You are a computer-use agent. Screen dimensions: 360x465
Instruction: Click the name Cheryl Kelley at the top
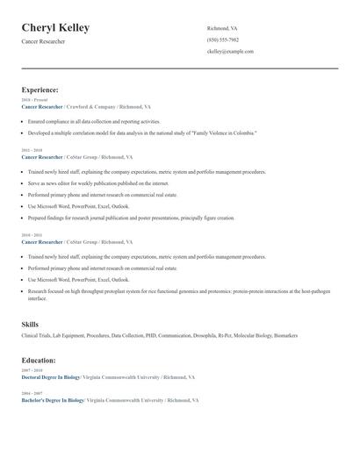(x=55, y=28)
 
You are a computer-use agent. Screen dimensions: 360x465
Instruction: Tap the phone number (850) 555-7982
(x=223, y=39)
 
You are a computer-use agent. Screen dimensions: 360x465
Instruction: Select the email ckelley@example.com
(x=230, y=51)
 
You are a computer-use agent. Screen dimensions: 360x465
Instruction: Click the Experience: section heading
(x=40, y=89)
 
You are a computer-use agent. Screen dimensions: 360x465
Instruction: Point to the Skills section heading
(x=30, y=325)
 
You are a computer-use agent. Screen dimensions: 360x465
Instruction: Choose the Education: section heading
(x=38, y=360)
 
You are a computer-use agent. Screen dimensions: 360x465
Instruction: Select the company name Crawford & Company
(x=90, y=106)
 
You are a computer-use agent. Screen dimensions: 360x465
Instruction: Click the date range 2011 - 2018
(x=31, y=151)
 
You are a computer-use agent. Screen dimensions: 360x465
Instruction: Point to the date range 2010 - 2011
(x=31, y=235)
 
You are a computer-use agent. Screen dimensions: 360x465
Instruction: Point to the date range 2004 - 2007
(x=31, y=393)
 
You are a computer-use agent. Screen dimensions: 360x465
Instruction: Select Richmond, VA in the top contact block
(x=222, y=28)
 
